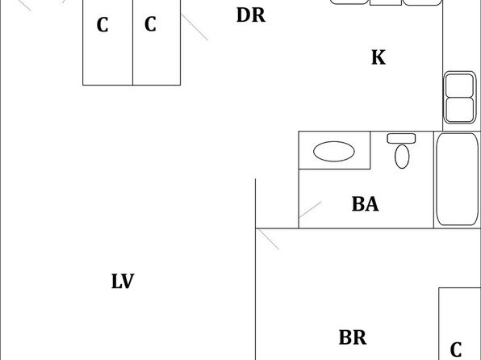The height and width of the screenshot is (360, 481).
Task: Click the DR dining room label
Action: pos(251,15)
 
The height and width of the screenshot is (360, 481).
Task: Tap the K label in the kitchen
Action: pos(379,57)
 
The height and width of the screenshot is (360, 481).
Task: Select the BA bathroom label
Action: pos(365,204)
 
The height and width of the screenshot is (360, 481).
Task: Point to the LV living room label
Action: pos(123,281)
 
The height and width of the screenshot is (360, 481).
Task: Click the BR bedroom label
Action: pos(353,337)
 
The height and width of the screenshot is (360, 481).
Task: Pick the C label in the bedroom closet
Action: pos(456,350)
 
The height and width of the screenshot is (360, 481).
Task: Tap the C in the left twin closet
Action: pos(102,25)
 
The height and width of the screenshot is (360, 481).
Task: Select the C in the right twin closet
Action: pos(150,24)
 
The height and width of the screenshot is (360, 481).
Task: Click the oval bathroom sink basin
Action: pos(334,151)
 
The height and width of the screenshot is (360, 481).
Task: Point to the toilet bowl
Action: pos(402,157)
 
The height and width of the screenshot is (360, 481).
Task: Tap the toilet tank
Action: pos(401,138)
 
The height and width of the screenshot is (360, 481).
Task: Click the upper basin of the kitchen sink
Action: pos(459,86)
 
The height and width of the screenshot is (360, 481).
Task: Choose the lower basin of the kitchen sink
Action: pos(459,110)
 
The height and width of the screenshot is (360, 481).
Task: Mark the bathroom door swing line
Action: pos(310,210)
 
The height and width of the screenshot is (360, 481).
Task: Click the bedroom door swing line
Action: pos(267,239)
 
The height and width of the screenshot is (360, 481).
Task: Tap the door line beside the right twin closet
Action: pos(194,27)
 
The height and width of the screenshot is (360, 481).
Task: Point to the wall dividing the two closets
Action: pos(132,42)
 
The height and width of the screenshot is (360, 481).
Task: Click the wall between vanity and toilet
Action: pos(370,150)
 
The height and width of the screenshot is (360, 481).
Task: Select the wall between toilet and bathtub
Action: pos(433,180)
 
